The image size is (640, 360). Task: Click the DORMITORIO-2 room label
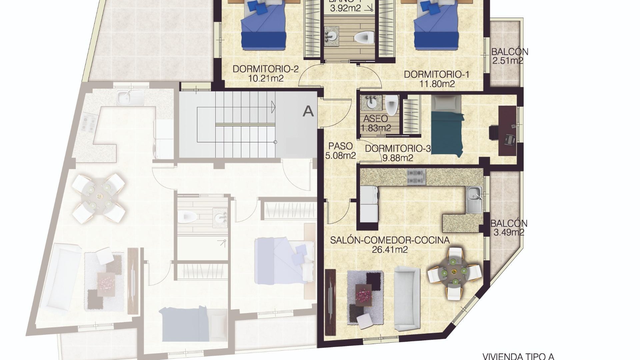[265, 69]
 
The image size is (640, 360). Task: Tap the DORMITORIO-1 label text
[436, 74]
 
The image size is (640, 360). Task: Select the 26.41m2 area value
[389, 250]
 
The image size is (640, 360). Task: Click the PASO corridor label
[340, 146]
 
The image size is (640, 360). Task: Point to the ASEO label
[375, 119]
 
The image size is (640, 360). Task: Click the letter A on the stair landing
[308, 111]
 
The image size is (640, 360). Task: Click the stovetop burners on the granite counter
[416, 177]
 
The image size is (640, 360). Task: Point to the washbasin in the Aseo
[371, 103]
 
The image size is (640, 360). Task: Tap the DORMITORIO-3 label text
[398, 149]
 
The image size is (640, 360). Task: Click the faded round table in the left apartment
[99, 198]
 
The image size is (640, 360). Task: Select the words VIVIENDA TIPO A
[518, 356]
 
